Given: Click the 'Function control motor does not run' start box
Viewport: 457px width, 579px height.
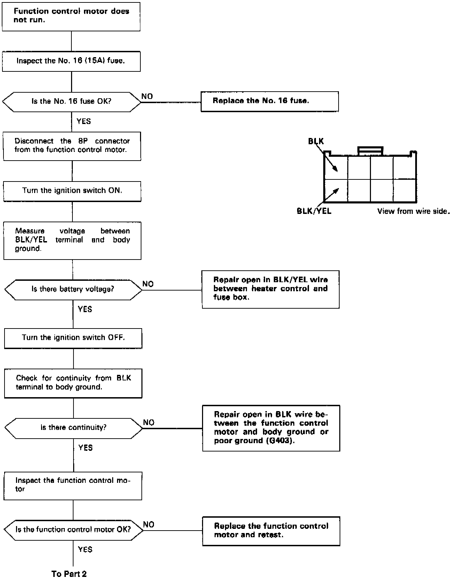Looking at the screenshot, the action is point(71,17).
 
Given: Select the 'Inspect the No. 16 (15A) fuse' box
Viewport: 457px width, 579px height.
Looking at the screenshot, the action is point(71,61).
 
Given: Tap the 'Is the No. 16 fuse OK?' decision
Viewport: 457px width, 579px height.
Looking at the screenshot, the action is point(71,102).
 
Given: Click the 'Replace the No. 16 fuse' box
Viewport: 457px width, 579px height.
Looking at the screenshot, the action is point(270,101).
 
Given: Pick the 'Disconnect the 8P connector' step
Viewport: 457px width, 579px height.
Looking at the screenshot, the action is point(72,146).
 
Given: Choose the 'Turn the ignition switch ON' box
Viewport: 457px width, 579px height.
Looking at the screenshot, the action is point(72,191).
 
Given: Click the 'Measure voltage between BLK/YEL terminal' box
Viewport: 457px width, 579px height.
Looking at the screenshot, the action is point(72,240).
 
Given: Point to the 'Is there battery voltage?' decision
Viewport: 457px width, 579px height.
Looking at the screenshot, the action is point(73,289).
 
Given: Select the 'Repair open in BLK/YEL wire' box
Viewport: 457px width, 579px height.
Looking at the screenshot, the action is point(271,289).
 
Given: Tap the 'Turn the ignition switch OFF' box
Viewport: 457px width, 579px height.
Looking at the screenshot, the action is point(73,338).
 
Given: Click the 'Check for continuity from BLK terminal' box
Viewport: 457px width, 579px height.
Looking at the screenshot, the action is point(73,383).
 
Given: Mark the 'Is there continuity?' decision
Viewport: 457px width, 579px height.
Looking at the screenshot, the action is point(74,428).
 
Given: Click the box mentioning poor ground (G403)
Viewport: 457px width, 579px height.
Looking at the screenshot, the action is point(271,428).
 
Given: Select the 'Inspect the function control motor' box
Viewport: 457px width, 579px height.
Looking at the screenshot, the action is point(73,486).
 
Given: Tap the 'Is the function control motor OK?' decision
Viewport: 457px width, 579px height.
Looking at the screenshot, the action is point(73,530).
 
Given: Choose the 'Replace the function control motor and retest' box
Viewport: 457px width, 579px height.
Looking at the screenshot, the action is point(271,531).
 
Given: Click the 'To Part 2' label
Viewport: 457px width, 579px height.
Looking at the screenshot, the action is point(69,574).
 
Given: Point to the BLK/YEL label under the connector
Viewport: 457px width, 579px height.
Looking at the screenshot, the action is point(314,211).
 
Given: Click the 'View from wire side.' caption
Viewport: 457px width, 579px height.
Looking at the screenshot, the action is point(413,211).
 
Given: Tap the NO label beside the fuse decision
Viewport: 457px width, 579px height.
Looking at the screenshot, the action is point(147,96).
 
